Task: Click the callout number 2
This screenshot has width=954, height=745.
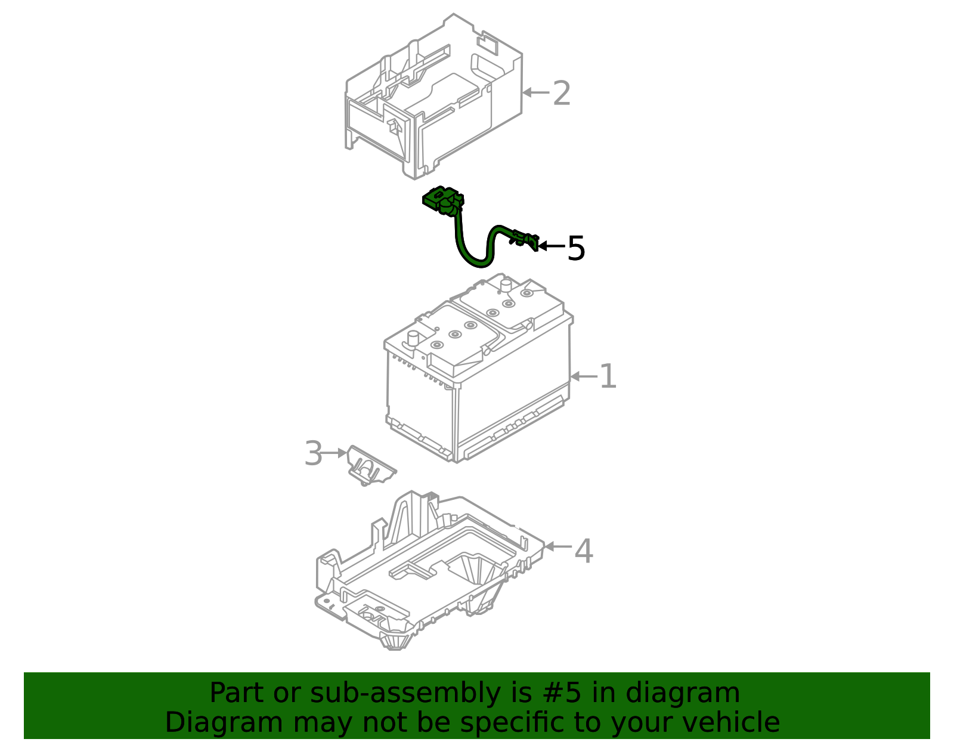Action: click(561, 94)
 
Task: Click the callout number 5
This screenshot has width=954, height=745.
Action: click(576, 248)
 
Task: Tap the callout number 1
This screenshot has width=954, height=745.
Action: click(608, 376)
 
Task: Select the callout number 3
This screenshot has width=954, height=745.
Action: click(313, 454)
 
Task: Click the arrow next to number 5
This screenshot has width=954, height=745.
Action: click(551, 246)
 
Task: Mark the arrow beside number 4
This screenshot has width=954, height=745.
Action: click(557, 546)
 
